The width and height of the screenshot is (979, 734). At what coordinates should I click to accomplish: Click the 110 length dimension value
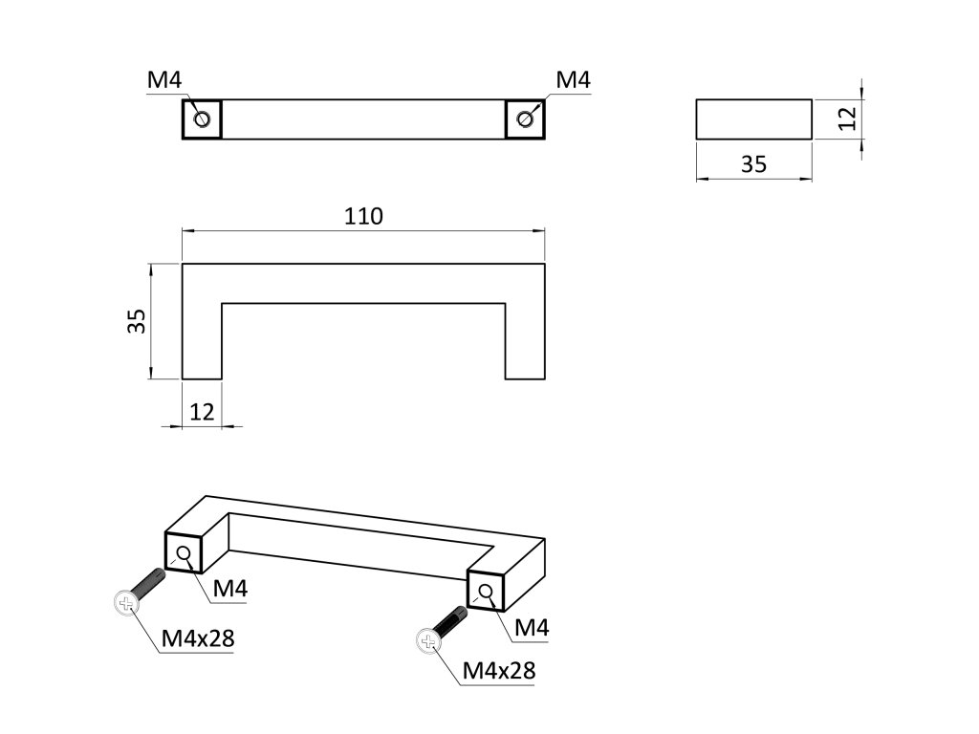point(363,216)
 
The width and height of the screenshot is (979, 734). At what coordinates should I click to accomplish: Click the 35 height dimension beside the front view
point(138,320)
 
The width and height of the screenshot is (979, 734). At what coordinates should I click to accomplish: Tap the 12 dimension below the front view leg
point(202,412)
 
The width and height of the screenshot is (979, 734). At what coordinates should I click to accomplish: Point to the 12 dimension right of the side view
point(845,119)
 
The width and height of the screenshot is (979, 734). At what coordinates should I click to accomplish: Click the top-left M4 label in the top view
point(163,80)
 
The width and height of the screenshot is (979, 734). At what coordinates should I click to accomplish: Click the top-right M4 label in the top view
point(573,80)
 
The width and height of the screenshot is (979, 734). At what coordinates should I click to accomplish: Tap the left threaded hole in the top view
point(202,119)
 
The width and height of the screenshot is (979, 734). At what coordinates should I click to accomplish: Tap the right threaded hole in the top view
point(525,119)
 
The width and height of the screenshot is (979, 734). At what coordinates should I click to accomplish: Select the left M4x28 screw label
point(198,637)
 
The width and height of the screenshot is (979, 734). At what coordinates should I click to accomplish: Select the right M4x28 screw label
point(498,671)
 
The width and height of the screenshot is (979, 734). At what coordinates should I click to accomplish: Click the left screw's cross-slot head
point(125,602)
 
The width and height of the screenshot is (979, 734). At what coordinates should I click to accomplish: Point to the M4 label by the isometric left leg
point(230,590)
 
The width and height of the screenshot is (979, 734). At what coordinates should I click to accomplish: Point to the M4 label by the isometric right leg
point(531,628)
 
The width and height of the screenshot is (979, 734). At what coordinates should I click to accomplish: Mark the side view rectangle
point(753,119)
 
